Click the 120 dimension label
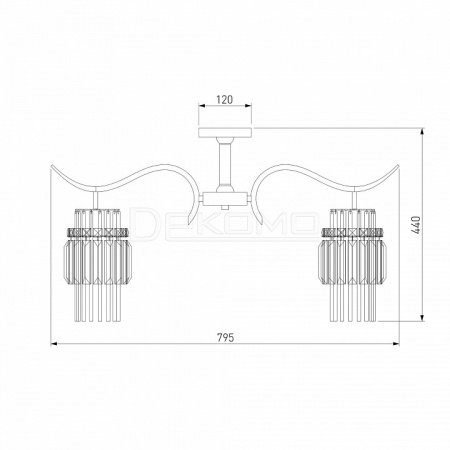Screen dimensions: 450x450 click(225, 99)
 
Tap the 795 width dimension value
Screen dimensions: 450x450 click(226, 338)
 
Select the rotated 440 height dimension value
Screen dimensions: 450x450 click(416, 225)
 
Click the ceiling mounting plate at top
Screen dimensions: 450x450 click(225, 132)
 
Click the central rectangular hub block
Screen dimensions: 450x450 click(225, 199)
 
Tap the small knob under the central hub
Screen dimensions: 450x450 click(225, 207)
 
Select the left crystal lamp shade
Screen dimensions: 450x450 click(97, 265)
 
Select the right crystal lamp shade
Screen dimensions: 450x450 click(353, 265)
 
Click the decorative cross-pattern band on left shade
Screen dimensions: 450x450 click(97, 232)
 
